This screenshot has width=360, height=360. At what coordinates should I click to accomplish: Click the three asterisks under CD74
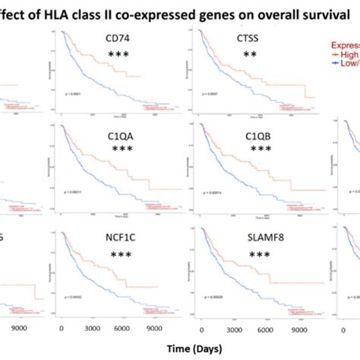pos(118,55)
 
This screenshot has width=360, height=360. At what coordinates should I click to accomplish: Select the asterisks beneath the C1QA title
pos(118,150)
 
